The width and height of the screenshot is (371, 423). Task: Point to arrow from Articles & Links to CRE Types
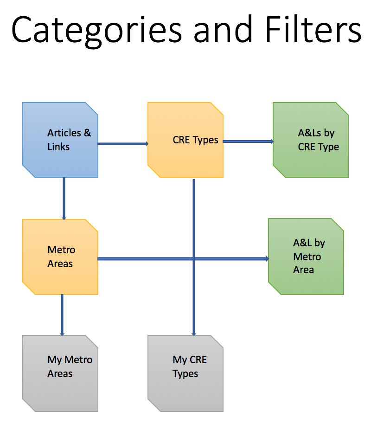click(123, 144)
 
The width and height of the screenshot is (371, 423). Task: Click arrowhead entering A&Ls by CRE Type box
click(271, 141)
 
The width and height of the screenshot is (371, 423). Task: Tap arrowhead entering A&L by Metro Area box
click(266, 259)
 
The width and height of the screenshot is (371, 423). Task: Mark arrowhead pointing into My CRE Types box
click(193, 333)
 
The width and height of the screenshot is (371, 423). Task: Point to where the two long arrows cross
click(193, 259)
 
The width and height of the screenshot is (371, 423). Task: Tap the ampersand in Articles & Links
click(87, 134)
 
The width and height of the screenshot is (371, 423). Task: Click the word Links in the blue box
click(58, 147)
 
